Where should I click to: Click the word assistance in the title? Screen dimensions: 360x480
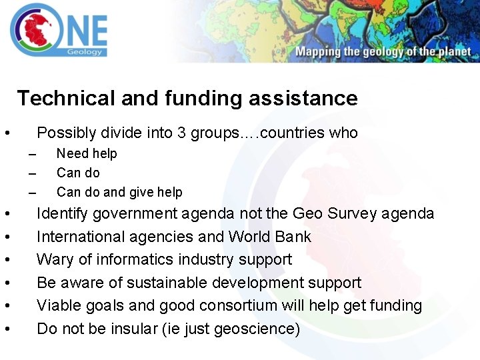(x=303, y=99)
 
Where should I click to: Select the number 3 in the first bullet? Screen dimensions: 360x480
(x=181, y=133)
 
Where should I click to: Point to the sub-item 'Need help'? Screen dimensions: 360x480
(x=87, y=153)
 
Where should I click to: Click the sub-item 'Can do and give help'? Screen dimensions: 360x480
(x=119, y=192)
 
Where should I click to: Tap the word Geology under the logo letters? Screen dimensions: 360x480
(x=85, y=52)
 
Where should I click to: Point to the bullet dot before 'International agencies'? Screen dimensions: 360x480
(x=6, y=237)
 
